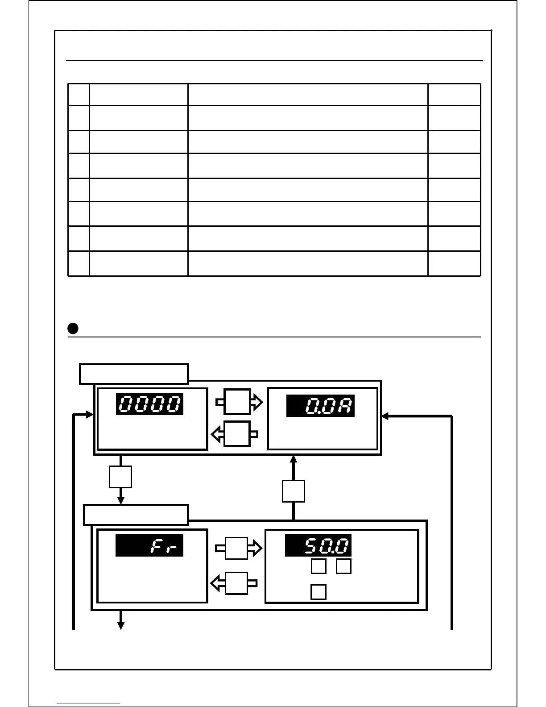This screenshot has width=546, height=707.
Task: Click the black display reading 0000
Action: click(149, 404)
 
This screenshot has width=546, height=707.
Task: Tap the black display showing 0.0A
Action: click(320, 406)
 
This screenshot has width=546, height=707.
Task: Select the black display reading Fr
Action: click(149, 545)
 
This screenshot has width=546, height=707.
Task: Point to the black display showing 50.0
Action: click(318, 545)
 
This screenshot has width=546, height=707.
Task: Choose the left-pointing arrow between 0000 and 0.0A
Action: click(235, 433)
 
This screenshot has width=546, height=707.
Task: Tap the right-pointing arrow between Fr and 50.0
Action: click(238, 548)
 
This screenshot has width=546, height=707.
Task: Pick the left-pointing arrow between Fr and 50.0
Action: click(235, 583)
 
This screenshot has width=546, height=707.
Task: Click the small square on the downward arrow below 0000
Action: click(120, 477)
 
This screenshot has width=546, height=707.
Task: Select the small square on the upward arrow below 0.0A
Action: click(294, 491)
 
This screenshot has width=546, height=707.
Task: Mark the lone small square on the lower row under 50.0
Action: click(318, 592)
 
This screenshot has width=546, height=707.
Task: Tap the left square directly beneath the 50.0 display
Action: click(318, 566)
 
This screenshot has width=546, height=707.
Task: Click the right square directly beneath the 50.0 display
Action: click(343, 566)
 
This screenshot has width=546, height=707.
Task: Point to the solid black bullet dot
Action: click(73, 329)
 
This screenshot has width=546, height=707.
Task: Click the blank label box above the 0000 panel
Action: click(134, 374)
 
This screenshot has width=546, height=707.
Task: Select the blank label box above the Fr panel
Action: click(136, 515)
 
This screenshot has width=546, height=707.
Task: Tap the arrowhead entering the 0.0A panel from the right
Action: click(385, 416)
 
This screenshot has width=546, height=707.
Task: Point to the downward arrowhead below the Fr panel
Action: click(120, 626)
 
